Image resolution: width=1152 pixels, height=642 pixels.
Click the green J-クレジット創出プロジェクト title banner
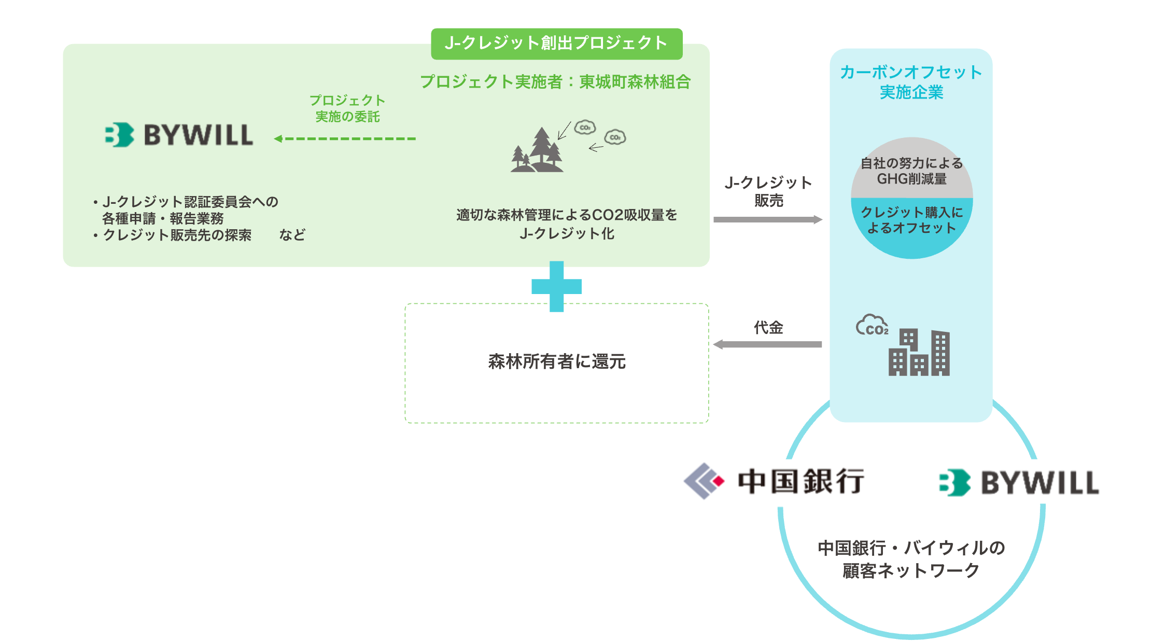pos(556,44)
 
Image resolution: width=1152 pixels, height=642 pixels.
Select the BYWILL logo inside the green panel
pos(179,135)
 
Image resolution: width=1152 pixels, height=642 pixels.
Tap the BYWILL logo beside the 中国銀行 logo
pos(1019,483)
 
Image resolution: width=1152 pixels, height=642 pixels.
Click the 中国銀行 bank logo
pos(774,481)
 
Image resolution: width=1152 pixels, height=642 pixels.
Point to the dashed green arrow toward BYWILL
pos(345,138)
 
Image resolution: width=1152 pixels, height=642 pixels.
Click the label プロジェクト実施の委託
pos(347,108)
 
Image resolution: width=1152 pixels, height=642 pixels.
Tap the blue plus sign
pos(556,286)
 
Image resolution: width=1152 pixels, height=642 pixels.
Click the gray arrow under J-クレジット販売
pos(767,219)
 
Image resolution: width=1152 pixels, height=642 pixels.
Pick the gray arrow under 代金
pos(767,344)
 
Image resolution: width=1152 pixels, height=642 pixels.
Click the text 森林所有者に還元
pos(557,361)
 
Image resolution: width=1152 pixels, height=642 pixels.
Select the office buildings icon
pos(919,353)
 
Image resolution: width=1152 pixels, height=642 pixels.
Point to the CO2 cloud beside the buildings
pos(872,326)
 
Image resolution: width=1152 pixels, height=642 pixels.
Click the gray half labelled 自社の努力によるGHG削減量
pos(911,171)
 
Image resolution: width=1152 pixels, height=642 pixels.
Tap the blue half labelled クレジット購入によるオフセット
pos(911,220)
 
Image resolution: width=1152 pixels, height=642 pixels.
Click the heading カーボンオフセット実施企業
pos(911,82)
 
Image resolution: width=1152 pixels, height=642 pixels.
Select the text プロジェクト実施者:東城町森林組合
pos(555,81)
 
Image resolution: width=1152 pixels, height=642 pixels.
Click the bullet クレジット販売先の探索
pos(176,235)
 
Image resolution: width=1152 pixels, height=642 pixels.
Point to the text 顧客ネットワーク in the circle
pos(911,570)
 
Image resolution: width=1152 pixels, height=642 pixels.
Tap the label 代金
pos(768,327)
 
